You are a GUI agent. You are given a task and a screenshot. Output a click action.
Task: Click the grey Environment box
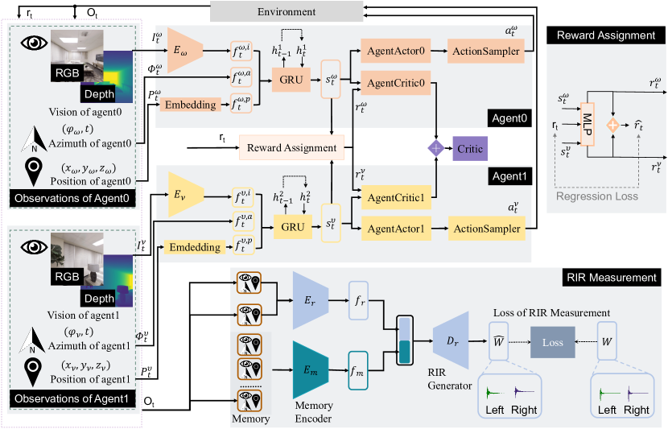pos(274,12)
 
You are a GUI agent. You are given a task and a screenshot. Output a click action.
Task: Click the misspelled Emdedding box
pos(195,248)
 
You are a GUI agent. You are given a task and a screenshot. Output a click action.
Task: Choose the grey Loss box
pos(552,341)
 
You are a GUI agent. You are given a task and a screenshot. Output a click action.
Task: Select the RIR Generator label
pos(452,380)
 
